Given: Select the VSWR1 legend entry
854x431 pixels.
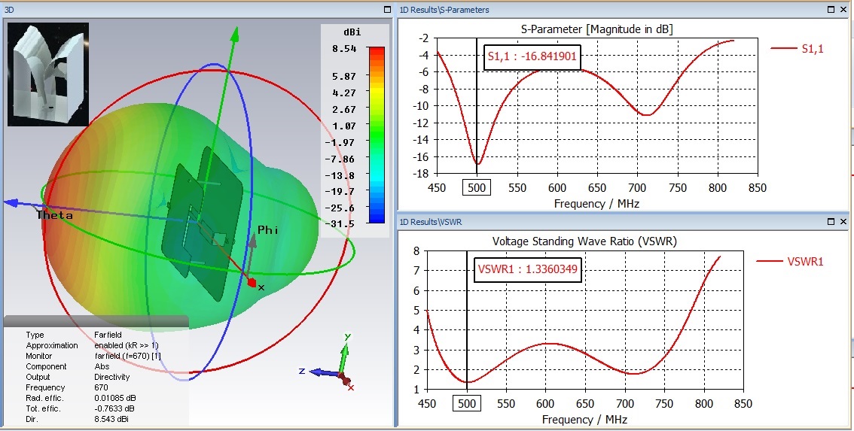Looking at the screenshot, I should (x=805, y=262).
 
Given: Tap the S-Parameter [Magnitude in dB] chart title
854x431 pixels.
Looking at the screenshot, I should (x=597, y=29).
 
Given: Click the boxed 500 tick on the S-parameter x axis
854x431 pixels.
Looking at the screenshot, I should (x=476, y=187).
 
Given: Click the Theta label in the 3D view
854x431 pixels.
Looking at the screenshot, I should (x=55, y=216).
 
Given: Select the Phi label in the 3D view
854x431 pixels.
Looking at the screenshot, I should (x=268, y=230).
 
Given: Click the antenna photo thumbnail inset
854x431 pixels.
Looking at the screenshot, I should (x=48, y=74).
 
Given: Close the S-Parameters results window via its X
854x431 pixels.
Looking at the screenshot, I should (x=843, y=10).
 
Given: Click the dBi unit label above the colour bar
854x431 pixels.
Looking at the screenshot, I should (x=351, y=32).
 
